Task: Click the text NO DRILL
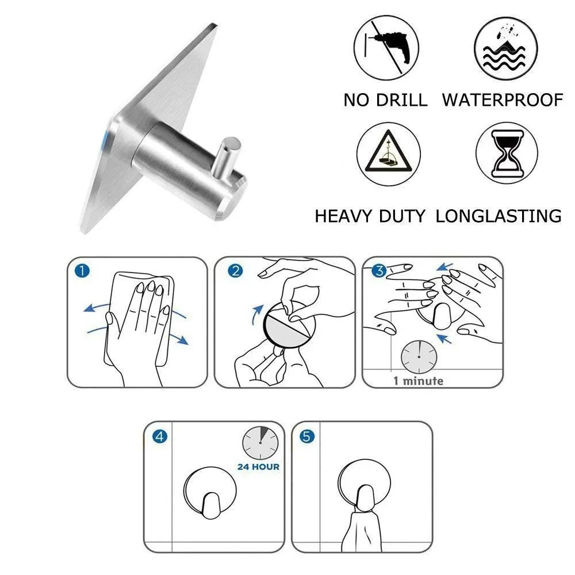(x=385, y=100)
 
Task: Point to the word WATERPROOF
(x=502, y=100)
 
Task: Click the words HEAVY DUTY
(x=370, y=217)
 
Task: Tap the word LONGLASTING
(x=499, y=217)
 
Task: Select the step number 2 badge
(x=234, y=271)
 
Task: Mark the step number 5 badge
(x=308, y=437)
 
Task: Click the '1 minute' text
(x=418, y=381)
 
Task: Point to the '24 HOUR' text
(x=258, y=466)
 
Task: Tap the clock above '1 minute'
(x=418, y=356)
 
